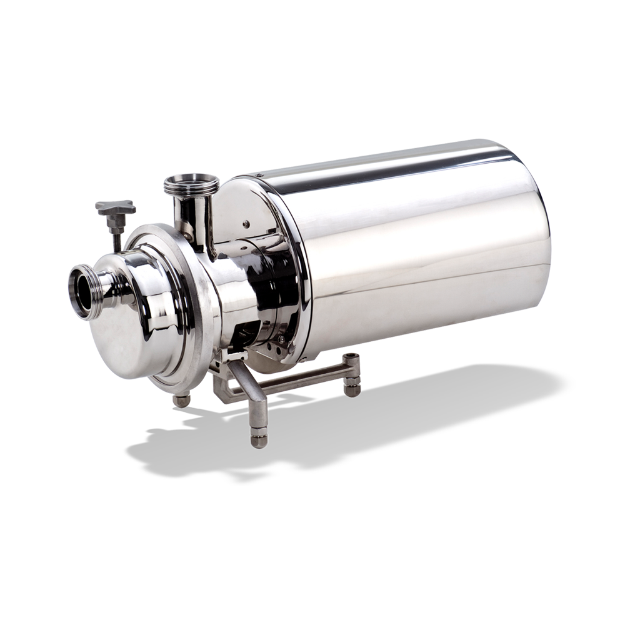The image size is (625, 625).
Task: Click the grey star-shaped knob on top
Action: [x=115, y=207]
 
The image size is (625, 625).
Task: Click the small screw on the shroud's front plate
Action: [x=248, y=223]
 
